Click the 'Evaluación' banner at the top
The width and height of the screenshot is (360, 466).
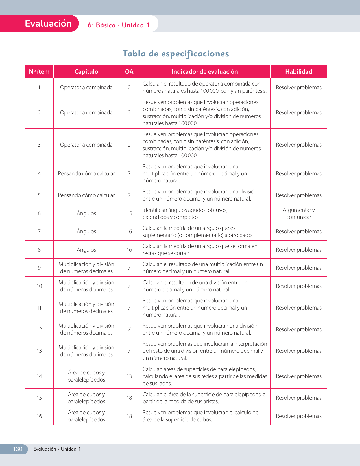pos(48,23)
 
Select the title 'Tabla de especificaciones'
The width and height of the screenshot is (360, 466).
pos(176,53)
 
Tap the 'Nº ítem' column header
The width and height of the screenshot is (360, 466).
pos(39,72)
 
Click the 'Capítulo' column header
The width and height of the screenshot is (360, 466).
pos(86,72)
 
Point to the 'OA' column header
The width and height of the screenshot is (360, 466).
pos(129,72)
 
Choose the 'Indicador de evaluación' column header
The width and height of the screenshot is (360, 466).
pos(205,72)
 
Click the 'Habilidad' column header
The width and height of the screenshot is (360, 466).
pos(298,72)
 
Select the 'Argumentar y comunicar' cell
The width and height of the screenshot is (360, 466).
pos(298,214)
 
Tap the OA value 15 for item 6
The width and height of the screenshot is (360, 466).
pos(129,214)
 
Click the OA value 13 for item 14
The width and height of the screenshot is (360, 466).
pos(129,376)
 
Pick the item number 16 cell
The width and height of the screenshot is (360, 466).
pos(39,416)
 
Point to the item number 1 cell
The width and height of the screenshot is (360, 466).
pos(39,88)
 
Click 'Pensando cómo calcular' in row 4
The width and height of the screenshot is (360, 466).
pos(86,174)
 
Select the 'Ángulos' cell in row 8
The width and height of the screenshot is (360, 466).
pos(86,250)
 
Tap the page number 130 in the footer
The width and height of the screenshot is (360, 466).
pos(18,449)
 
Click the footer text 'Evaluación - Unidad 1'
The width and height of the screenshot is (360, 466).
pos(57,449)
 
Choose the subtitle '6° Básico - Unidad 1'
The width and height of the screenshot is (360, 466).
pos(119,25)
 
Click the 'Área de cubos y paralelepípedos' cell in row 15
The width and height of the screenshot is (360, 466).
pos(86,398)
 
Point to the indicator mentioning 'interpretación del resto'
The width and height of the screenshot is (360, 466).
pos(204,351)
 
